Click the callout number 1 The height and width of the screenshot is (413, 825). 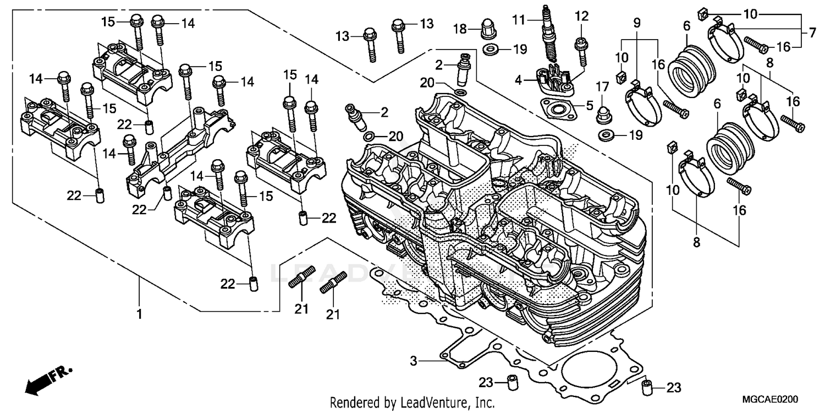pyautogui.click(x=140, y=314)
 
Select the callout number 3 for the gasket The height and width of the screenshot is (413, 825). pyautogui.click(x=414, y=361)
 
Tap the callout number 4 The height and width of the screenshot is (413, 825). pyautogui.click(x=519, y=80)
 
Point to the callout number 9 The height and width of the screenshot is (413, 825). pyautogui.click(x=636, y=23)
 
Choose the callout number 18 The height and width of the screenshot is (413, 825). pyautogui.click(x=460, y=28)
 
